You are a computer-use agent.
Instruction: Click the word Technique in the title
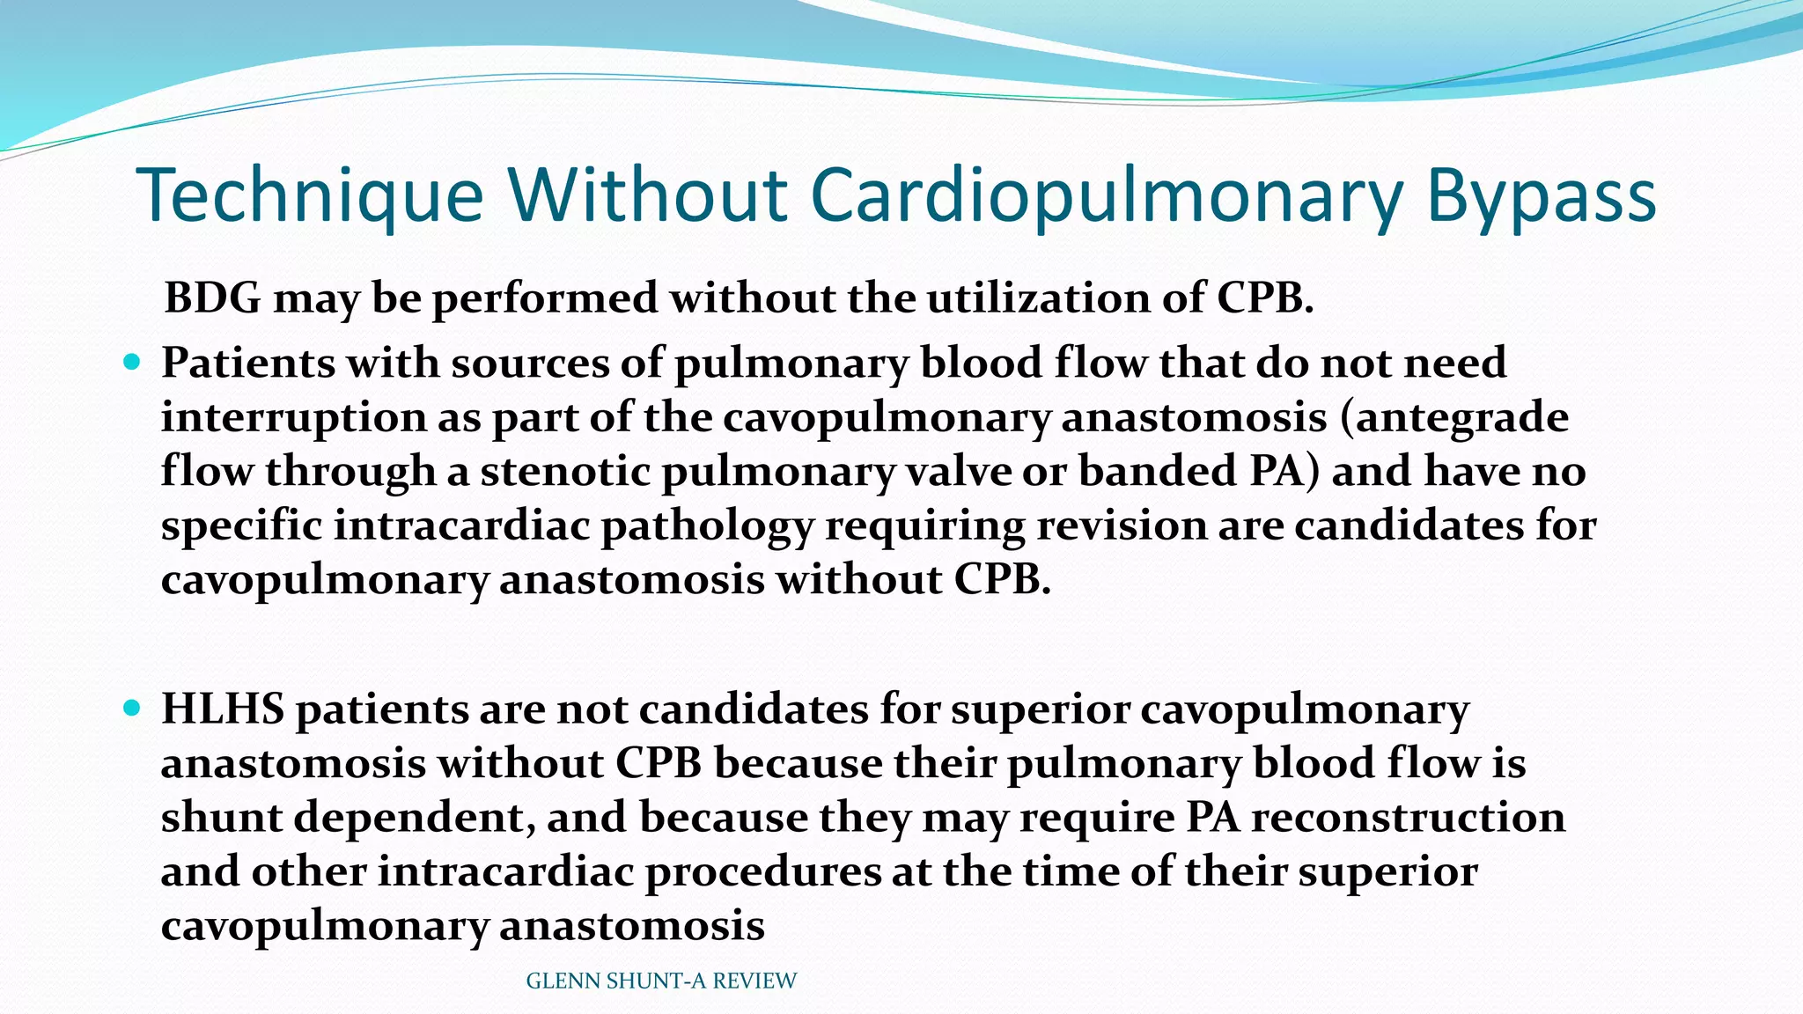[x=310, y=195]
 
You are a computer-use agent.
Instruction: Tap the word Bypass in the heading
[x=1541, y=195]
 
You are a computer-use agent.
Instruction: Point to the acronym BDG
[x=213, y=298]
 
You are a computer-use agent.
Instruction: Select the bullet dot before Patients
[x=133, y=361]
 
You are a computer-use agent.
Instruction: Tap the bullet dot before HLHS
[x=133, y=707]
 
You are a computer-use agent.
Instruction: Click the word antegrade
[x=1461, y=416]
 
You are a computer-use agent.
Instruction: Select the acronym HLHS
[x=223, y=709]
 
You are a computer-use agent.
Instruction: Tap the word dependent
[x=415, y=818]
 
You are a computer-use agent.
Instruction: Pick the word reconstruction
[x=1408, y=817]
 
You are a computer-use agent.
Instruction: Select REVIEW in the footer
[x=754, y=981]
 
